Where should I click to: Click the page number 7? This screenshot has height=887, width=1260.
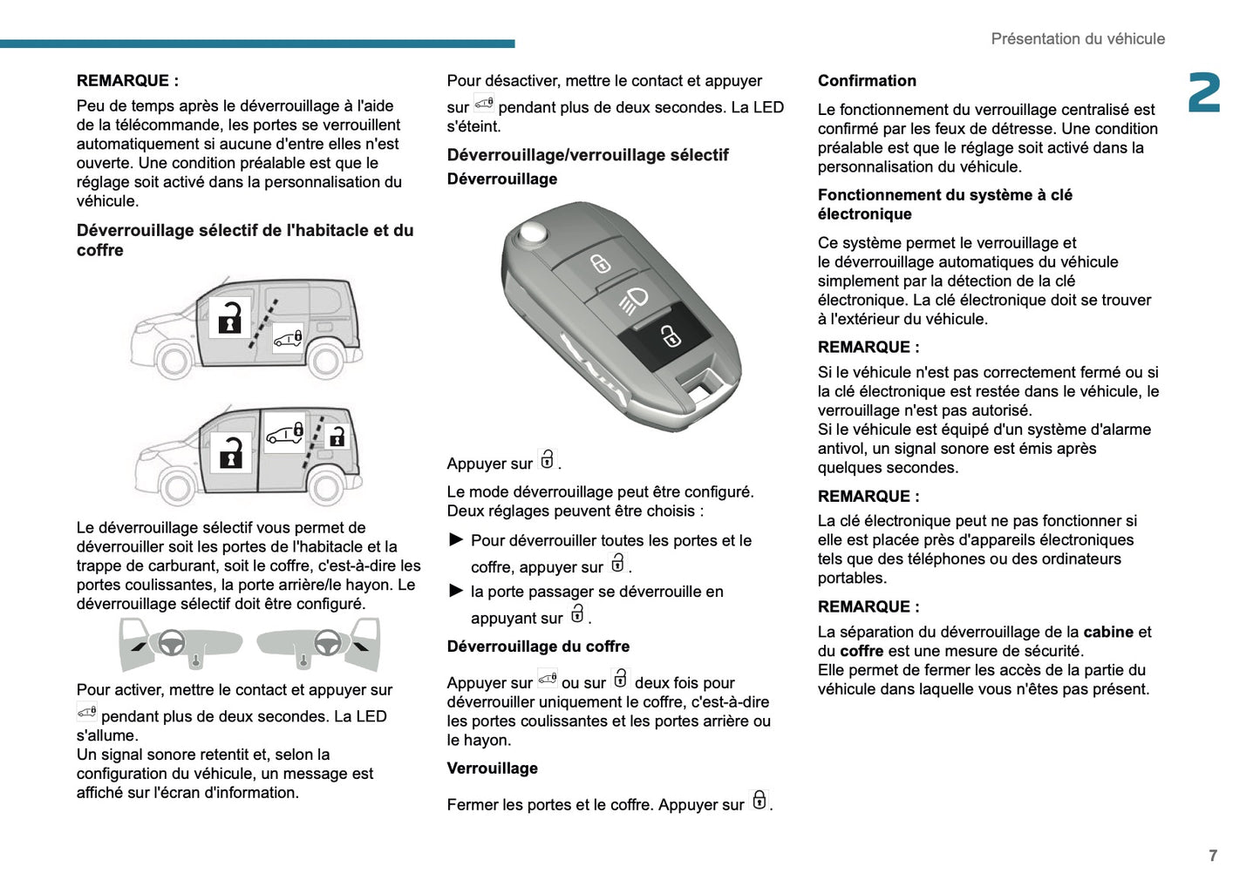click(x=1212, y=856)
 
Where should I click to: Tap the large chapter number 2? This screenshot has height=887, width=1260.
click(x=1204, y=93)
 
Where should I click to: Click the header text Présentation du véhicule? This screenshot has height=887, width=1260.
click(x=1077, y=39)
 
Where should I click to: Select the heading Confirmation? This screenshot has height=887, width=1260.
click(x=867, y=81)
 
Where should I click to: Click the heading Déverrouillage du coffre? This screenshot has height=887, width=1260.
click(x=538, y=647)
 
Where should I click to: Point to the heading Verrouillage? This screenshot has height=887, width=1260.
click(x=492, y=769)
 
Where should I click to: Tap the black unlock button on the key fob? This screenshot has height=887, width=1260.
click(x=669, y=335)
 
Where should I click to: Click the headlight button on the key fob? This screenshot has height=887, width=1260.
click(x=634, y=300)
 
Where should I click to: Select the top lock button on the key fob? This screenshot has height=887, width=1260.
click(x=600, y=263)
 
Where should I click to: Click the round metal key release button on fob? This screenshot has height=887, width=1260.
click(x=531, y=232)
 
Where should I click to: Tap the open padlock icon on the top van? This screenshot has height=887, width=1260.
click(x=230, y=317)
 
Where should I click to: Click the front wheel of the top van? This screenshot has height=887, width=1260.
click(x=174, y=360)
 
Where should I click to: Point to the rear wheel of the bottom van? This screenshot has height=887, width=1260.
click(x=326, y=487)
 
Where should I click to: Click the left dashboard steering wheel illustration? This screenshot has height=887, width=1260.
click(x=171, y=642)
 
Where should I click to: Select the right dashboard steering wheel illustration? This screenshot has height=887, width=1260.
click(x=327, y=642)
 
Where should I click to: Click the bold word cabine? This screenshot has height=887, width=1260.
click(x=1108, y=633)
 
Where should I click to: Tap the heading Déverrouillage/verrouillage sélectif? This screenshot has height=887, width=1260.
click(x=587, y=155)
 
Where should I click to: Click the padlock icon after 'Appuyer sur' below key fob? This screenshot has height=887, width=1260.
click(x=547, y=459)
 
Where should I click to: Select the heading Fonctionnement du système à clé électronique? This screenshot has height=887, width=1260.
click(x=944, y=205)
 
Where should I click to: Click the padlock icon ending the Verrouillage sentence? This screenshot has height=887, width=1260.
click(x=759, y=800)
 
